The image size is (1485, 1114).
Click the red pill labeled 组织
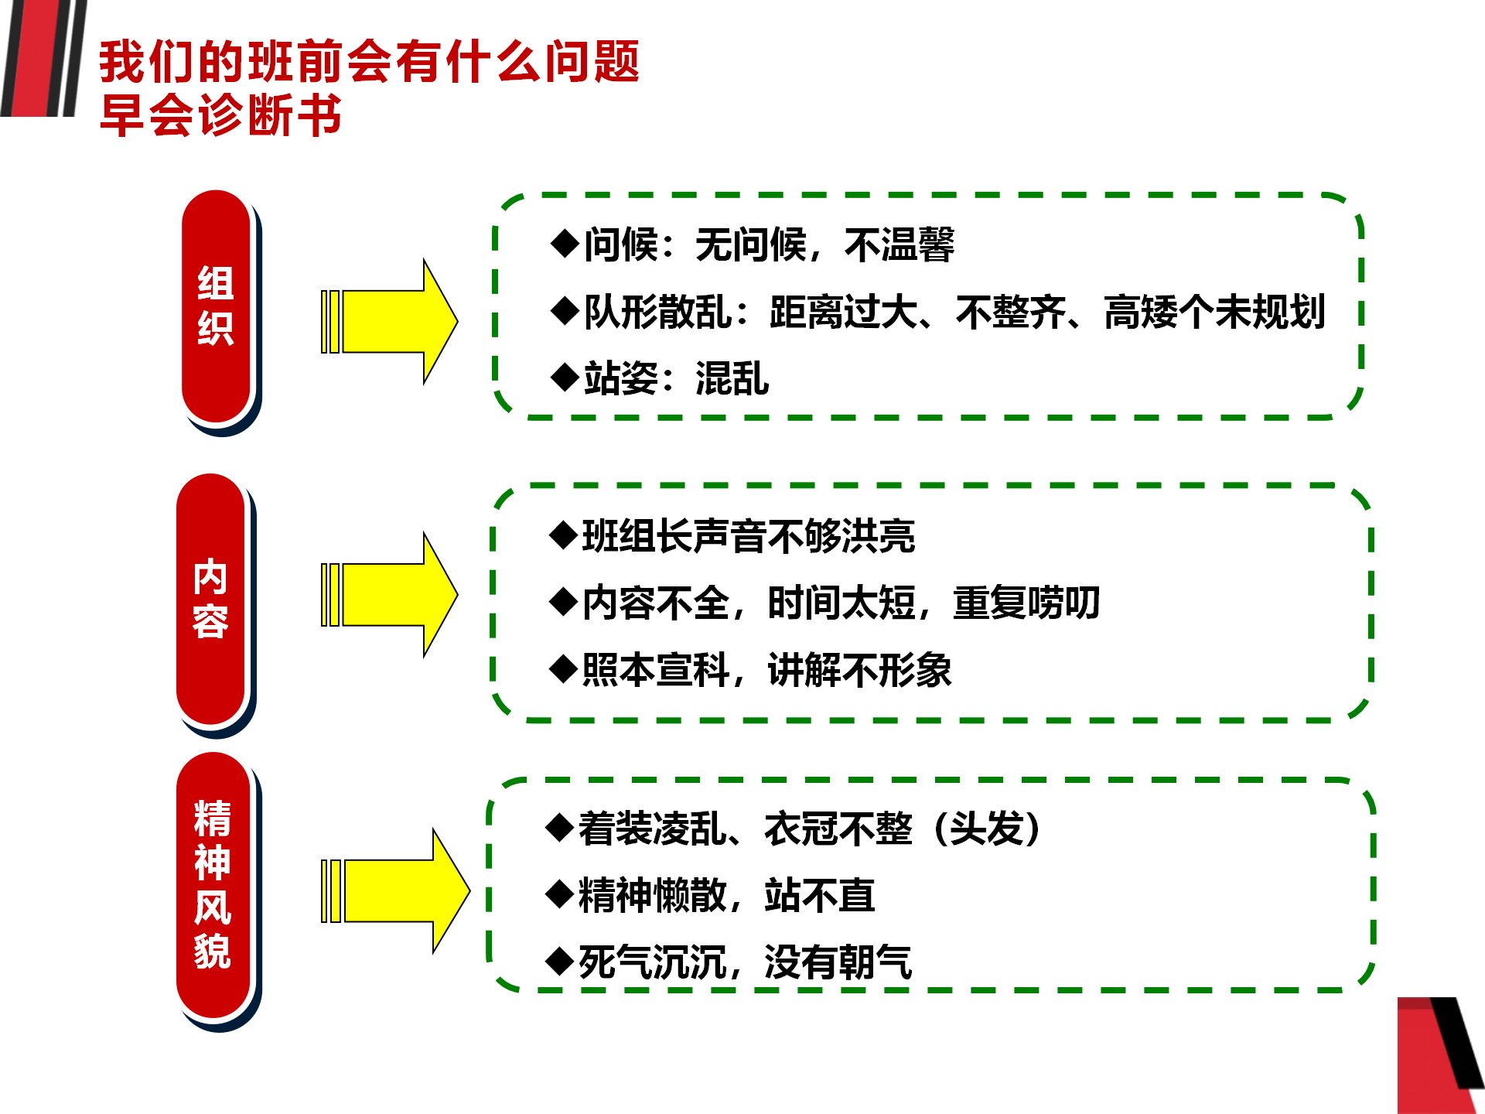[217, 306]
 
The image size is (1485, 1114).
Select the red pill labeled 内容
[211, 600]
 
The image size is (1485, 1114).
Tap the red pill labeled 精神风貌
[213, 885]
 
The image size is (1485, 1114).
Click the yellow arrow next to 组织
[389, 321]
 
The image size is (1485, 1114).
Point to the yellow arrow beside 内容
[389, 595]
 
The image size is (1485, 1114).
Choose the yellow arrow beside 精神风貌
[395, 890]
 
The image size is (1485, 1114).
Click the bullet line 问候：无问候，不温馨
[753, 244]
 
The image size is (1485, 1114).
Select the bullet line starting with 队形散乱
[938, 312]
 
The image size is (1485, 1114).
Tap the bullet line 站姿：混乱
[660, 378]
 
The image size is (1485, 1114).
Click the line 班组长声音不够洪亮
[732, 535]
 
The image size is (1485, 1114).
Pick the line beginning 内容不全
[824, 603]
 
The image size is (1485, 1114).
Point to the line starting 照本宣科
[750, 669]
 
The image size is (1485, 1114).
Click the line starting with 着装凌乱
[794, 829]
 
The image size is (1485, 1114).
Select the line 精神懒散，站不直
[710, 895]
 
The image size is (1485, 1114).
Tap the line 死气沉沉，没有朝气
[729, 962]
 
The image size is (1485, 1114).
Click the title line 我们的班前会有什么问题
[370, 61]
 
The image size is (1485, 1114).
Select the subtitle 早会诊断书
[221, 115]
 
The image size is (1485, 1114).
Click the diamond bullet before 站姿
[565, 378]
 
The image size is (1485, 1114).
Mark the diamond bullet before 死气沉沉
[559, 962]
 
